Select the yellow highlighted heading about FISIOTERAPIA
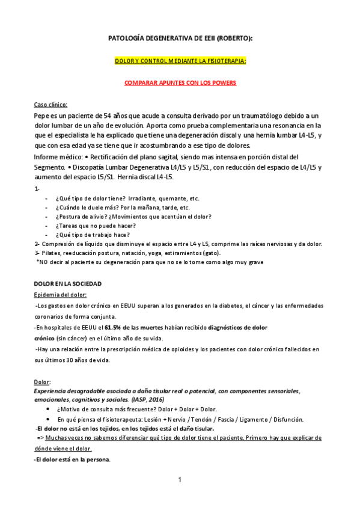click(x=180, y=61)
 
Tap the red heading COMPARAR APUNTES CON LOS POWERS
click(x=180, y=82)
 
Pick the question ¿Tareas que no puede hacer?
click(x=91, y=226)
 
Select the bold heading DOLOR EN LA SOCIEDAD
click(x=67, y=283)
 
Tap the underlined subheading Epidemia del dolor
click(x=61, y=294)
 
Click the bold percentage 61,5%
click(x=114, y=327)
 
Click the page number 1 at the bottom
click(x=179, y=479)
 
